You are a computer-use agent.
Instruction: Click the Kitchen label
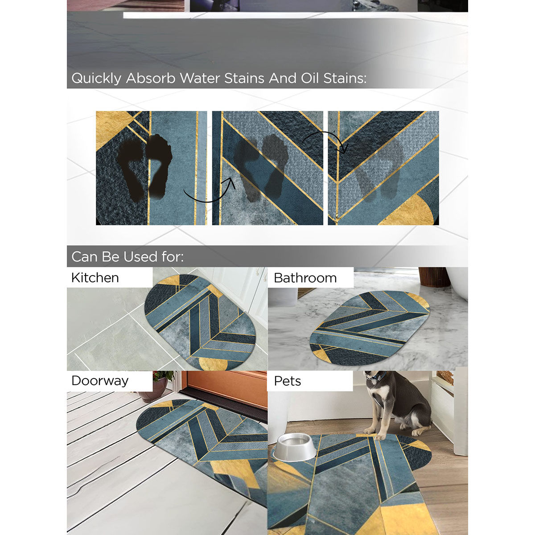(x=95, y=278)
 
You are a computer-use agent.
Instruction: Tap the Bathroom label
(x=305, y=278)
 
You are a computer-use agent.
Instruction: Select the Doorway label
(x=100, y=381)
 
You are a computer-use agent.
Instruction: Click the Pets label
(x=287, y=381)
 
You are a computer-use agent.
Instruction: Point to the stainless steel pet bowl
(x=294, y=447)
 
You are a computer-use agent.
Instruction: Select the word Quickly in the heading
(x=96, y=78)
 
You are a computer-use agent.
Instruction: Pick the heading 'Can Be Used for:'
(x=128, y=257)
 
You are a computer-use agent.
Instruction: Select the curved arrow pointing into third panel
(x=325, y=138)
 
